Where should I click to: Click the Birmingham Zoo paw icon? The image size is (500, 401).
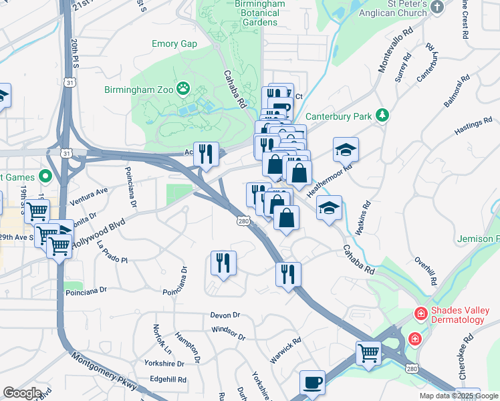coord(183,89)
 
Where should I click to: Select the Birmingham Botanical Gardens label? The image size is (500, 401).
coord(250,13)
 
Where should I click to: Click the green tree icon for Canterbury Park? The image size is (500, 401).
coord(382,116)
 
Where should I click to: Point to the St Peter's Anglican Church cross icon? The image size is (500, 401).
coord(437,8)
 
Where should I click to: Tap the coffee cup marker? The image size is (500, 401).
coord(312,383)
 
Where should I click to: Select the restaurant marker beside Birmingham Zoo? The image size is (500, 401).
coord(206,154)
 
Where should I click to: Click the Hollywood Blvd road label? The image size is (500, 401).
coord(98,235)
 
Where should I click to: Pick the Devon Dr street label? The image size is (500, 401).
coord(225,315)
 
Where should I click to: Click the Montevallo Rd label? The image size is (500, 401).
coord(396,51)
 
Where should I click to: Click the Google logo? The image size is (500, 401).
coord(22,393)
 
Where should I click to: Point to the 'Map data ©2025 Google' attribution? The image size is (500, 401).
coord(459,396)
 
